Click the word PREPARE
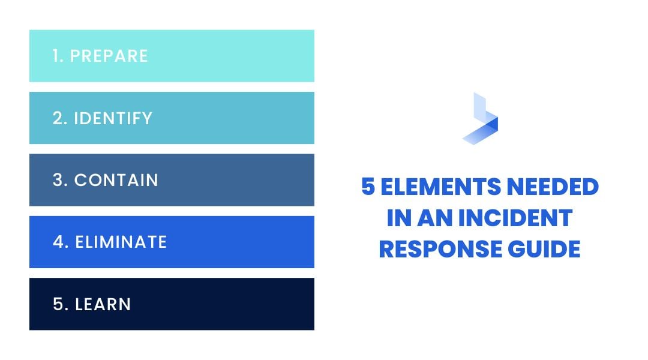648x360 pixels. (109, 56)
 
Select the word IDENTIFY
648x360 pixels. (113, 118)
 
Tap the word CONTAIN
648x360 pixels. (116, 180)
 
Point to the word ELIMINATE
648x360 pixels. (121, 242)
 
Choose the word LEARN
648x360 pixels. (103, 304)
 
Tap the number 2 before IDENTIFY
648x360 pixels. (58, 118)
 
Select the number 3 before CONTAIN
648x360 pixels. (59, 180)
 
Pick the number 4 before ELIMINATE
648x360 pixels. (59, 242)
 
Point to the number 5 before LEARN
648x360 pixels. (59, 304)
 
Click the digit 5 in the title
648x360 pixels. (368, 187)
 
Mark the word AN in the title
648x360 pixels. (431, 218)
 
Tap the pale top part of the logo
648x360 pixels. (479, 105)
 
